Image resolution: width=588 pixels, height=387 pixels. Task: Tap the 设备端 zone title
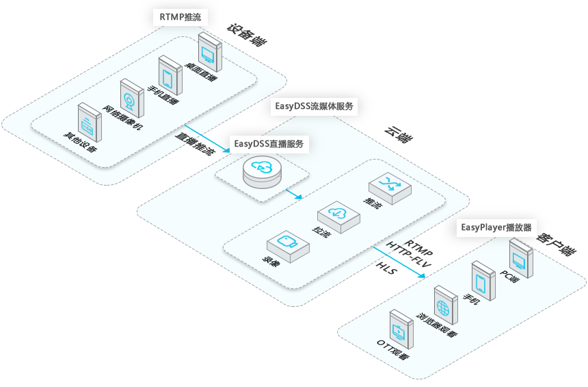(247, 37)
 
